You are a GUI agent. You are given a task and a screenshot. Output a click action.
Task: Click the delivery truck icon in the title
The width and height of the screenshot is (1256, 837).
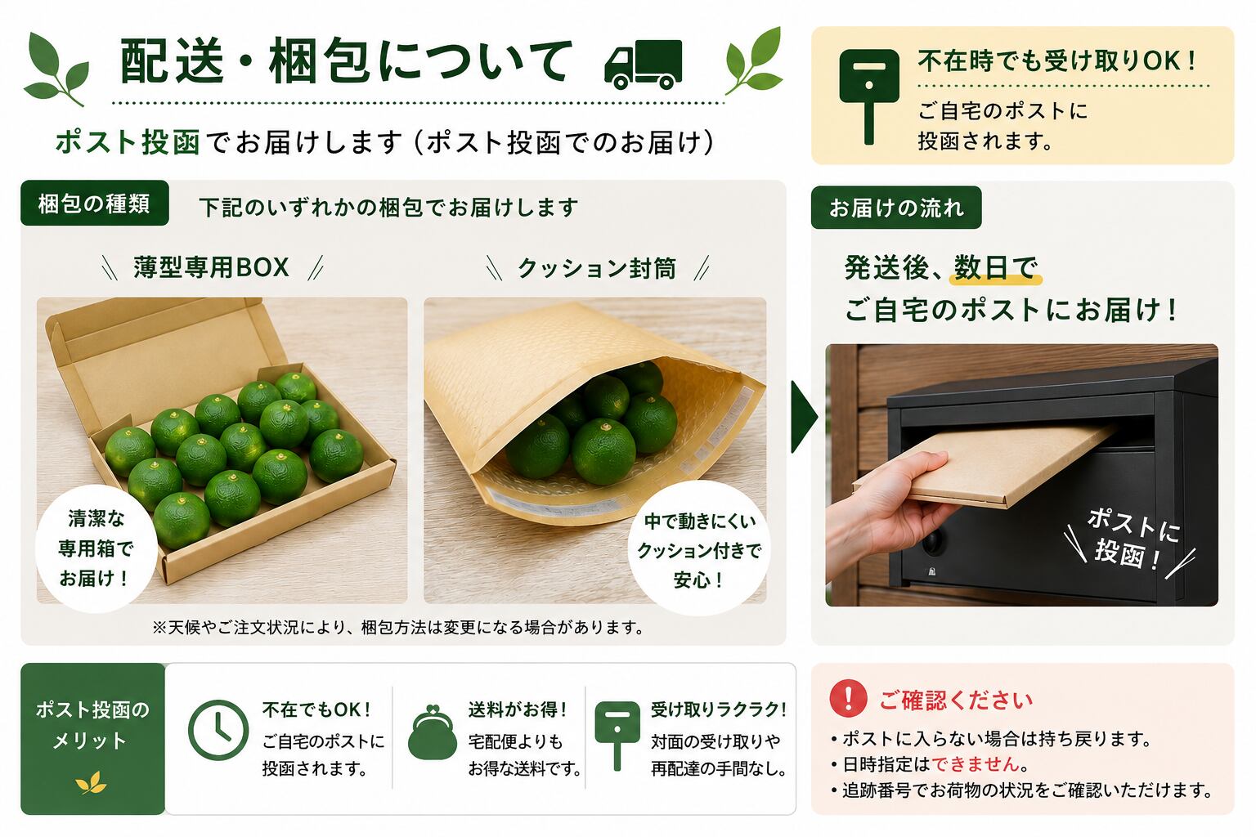click(x=644, y=65)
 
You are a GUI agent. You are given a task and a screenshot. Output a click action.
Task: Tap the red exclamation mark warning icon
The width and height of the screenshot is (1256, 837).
click(x=848, y=698)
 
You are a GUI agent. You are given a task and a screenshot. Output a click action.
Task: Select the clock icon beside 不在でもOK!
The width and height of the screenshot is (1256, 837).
click(x=218, y=729)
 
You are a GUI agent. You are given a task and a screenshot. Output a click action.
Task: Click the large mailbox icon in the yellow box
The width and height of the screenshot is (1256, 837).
click(x=868, y=96)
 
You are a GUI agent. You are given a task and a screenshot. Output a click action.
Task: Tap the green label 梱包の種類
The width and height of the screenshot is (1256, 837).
click(x=95, y=203)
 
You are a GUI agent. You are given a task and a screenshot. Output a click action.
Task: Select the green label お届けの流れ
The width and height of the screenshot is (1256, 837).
click(x=896, y=208)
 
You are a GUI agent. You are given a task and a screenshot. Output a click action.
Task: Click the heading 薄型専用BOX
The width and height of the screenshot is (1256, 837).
click(x=212, y=266)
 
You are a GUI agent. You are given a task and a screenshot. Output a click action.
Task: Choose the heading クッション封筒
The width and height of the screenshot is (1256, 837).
click(x=597, y=268)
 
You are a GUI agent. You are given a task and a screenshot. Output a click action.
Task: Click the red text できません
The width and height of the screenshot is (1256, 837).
click(x=976, y=763)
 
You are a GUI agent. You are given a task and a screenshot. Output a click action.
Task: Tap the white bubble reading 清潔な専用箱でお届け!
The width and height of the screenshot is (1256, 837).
click(x=96, y=548)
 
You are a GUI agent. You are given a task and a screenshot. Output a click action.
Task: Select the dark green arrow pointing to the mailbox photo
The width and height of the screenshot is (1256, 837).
click(x=804, y=417)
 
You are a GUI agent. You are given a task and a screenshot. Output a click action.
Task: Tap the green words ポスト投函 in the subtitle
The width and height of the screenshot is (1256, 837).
click(x=128, y=141)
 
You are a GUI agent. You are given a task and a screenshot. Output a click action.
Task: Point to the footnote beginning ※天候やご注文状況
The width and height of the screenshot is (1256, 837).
click(x=397, y=627)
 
